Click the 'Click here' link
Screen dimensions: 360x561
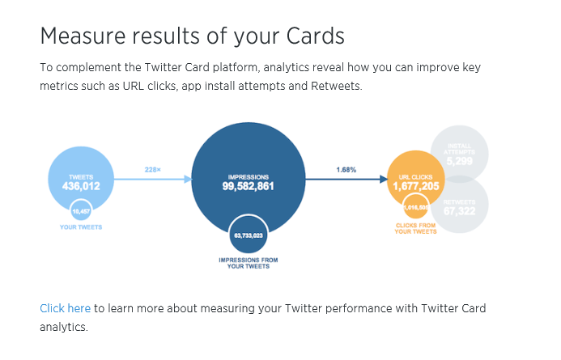[x=65, y=309]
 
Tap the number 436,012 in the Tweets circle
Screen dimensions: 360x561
[x=80, y=186]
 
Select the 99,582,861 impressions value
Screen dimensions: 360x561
[x=248, y=186]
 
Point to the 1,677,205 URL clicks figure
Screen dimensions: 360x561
[x=417, y=186]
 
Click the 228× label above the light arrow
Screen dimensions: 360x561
[x=152, y=170]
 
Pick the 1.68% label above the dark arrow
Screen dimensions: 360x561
[x=346, y=170]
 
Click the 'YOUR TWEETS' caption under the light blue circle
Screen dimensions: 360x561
[x=80, y=227]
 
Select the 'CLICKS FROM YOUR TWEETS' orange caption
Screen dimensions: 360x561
[x=416, y=228]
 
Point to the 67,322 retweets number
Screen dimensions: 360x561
[x=458, y=211]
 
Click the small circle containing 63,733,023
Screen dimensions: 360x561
[x=248, y=235]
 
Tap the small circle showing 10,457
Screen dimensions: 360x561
[x=80, y=211]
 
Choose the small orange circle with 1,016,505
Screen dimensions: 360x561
[x=416, y=206]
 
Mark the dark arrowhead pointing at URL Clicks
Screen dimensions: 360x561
[x=384, y=180]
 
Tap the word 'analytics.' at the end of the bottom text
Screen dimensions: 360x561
[x=63, y=328]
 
